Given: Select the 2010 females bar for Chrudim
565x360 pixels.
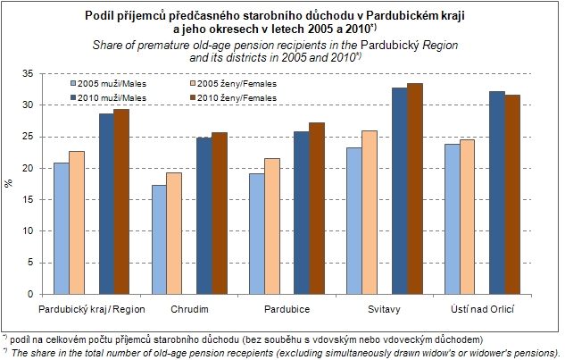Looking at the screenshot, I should coord(220,213).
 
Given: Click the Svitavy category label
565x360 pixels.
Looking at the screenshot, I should coord(384,309).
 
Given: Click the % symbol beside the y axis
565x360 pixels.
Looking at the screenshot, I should coord(10,183).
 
